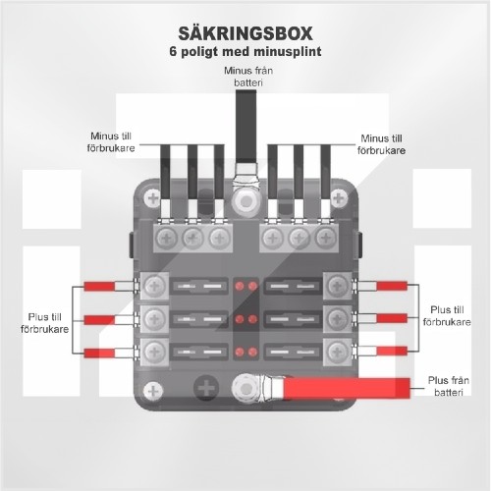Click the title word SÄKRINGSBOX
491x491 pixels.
(x=245, y=33)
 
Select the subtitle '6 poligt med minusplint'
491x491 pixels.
(x=245, y=51)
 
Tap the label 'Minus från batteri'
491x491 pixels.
(x=248, y=77)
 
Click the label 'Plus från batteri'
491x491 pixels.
(x=449, y=386)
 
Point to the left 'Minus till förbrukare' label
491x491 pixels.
(x=111, y=142)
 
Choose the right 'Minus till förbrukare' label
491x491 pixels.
(x=381, y=144)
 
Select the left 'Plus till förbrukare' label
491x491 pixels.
(x=44, y=323)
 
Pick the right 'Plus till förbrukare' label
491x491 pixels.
(x=447, y=315)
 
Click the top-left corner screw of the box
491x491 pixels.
(x=153, y=197)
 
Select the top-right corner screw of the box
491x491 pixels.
(x=339, y=197)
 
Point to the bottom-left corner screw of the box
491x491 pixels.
(x=153, y=391)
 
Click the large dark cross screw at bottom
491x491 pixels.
(x=206, y=388)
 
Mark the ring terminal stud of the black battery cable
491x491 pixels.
(x=246, y=200)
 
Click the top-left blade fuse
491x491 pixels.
(x=198, y=287)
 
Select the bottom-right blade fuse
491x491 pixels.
(x=293, y=352)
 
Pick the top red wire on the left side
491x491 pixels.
(x=99, y=286)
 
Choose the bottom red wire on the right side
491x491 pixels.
(x=392, y=351)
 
